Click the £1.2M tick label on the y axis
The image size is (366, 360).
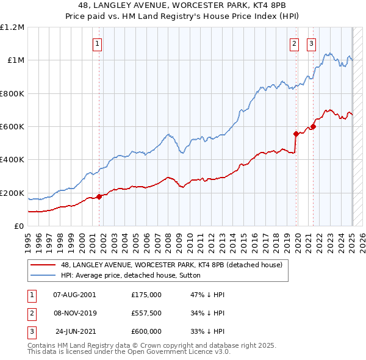12,27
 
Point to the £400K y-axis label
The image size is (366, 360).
12,160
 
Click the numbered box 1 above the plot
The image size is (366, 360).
98,43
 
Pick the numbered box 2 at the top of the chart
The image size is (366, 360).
294,43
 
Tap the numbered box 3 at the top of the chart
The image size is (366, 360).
311,43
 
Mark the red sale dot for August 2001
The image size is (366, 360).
99,197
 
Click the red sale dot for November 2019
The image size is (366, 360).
296,133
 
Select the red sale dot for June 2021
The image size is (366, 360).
313,126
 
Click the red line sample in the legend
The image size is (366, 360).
43,265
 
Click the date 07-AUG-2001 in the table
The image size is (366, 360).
74,295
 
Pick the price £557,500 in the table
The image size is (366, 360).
146,313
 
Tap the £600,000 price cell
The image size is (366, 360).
146,331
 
